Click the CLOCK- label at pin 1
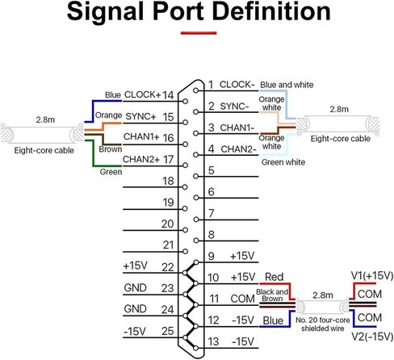(x=237, y=85)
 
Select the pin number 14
(x=168, y=95)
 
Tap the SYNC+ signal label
(x=140, y=116)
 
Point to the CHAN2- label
(x=238, y=149)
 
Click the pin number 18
(x=168, y=181)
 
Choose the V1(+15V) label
(x=372, y=275)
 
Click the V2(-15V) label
(x=373, y=337)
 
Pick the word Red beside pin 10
(x=274, y=277)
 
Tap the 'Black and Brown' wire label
(x=272, y=295)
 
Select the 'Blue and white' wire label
(x=287, y=85)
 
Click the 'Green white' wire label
(x=283, y=162)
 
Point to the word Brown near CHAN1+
(x=111, y=149)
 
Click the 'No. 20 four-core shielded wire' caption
(x=323, y=324)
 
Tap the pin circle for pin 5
(x=196, y=176)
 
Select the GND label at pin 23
(x=135, y=287)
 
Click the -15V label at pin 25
(x=135, y=331)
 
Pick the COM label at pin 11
(x=242, y=299)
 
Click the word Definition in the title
(x=271, y=11)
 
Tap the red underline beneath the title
(x=199, y=33)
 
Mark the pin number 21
(x=168, y=245)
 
